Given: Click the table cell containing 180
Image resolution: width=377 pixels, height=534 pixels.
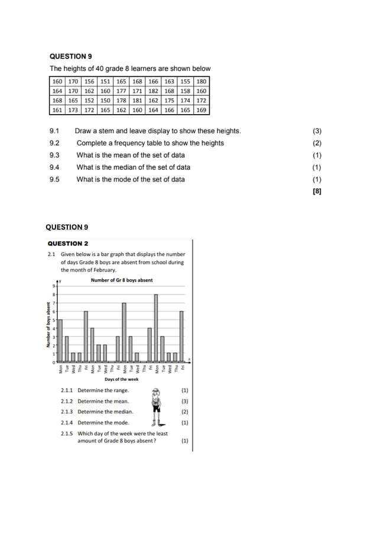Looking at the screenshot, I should click(x=201, y=81).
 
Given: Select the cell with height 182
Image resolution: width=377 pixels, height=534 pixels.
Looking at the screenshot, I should click(x=153, y=91).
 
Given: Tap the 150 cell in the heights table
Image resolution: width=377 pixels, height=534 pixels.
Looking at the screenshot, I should click(x=105, y=101).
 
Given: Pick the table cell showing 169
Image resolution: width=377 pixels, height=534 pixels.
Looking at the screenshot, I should click(x=201, y=110).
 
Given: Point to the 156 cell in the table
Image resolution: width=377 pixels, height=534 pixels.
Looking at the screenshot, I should click(x=89, y=81).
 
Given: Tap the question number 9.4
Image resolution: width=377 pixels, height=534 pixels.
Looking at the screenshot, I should click(x=55, y=167).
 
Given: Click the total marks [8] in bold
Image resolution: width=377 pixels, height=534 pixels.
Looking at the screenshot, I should click(x=317, y=191).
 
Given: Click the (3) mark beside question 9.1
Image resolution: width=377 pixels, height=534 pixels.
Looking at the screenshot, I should click(x=317, y=131).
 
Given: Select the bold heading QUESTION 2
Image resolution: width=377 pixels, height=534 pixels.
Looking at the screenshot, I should click(x=68, y=243).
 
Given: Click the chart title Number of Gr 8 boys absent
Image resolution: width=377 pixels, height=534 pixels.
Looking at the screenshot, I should click(x=122, y=280).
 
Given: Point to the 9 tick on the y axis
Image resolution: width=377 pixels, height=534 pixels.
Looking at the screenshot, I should click(x=53, y=286).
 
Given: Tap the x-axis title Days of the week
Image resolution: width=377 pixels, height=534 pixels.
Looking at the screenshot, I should click(x=122, y=380).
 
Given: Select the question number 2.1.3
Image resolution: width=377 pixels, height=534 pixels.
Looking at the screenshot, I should click(x=67, y=412).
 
